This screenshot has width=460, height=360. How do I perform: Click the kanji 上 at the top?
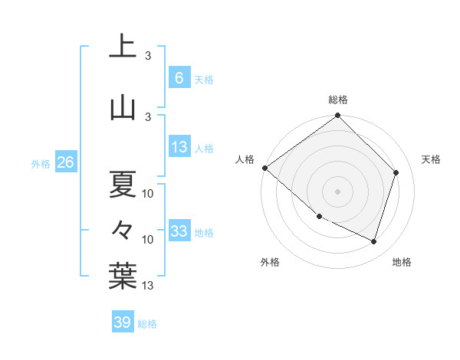coord(123,46)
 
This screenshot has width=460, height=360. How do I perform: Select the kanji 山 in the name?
coord(123,108)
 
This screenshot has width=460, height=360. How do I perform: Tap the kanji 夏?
coord(123,184)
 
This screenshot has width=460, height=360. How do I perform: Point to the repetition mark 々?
coord(123,230)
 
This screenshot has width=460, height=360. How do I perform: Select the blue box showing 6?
coord(179,78)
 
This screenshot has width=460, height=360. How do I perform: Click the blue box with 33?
coord(179,231)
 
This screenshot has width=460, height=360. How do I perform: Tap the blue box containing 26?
coord(65,162)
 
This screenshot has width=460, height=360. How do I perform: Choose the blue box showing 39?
coord(123,322)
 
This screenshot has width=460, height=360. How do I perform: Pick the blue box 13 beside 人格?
coord(179,147)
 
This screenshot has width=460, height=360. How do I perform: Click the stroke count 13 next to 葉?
coord(149,286)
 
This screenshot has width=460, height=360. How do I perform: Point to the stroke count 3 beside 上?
coord(148,56)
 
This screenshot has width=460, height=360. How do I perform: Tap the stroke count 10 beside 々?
coord(149,240)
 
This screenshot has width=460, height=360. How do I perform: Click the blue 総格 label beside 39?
coord(147,324)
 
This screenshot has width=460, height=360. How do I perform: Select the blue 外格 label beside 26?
coord(41,163)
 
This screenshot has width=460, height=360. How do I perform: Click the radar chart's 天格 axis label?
coord(431,159)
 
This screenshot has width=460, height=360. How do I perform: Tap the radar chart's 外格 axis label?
coord(270,262)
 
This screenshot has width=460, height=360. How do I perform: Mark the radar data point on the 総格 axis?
coord(337,116)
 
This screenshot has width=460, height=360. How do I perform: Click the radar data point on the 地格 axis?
coord(373,241)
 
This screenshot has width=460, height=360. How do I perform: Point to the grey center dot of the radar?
coord(337,191)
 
